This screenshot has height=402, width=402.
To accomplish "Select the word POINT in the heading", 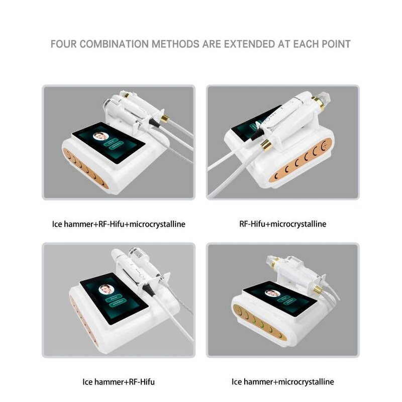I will coord(334,44).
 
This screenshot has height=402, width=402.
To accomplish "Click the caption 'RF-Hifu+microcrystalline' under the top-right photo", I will coord(283,224).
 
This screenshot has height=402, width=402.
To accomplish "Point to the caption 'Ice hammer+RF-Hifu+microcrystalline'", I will coord(119,224).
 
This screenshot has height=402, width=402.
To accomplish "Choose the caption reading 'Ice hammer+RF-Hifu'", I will coord(119,382).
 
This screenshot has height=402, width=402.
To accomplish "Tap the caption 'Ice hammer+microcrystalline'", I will coord(283,382).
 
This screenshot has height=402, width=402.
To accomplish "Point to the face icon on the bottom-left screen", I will coord(106,289).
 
